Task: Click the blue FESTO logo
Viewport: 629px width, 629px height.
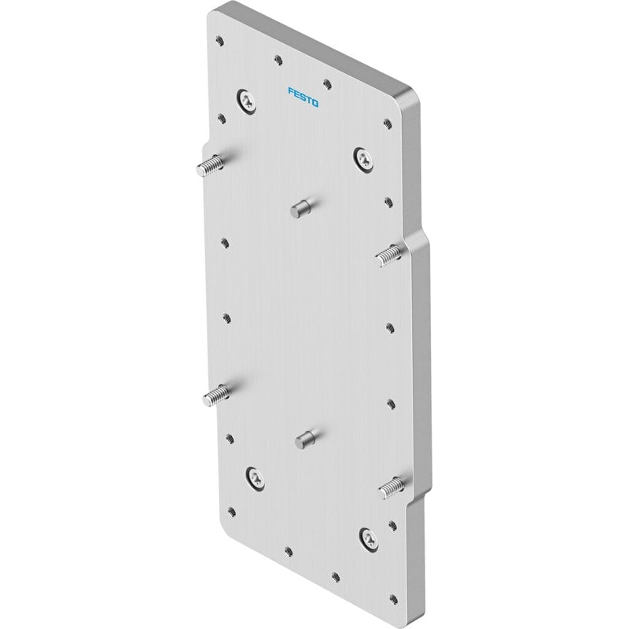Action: click(x=303, y=97)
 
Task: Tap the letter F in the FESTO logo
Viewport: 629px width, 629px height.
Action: click(x=291, y=91)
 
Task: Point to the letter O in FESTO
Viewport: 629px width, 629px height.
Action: click(x=315, y=103)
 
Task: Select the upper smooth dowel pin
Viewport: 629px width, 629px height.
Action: click(x=300, y=209)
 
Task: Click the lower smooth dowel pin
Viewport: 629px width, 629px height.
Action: click(x=306, y=440)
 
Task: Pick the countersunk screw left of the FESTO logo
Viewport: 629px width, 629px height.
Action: click(x=246, y=101)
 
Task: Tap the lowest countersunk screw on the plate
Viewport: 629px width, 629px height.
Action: click(x=369, y=539)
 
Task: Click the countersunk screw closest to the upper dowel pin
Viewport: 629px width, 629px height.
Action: click(x=363, y=159)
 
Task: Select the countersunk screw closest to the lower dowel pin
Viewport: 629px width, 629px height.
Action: click(x=255, y=478)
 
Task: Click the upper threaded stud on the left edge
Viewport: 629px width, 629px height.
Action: click(x=209, y=166)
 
